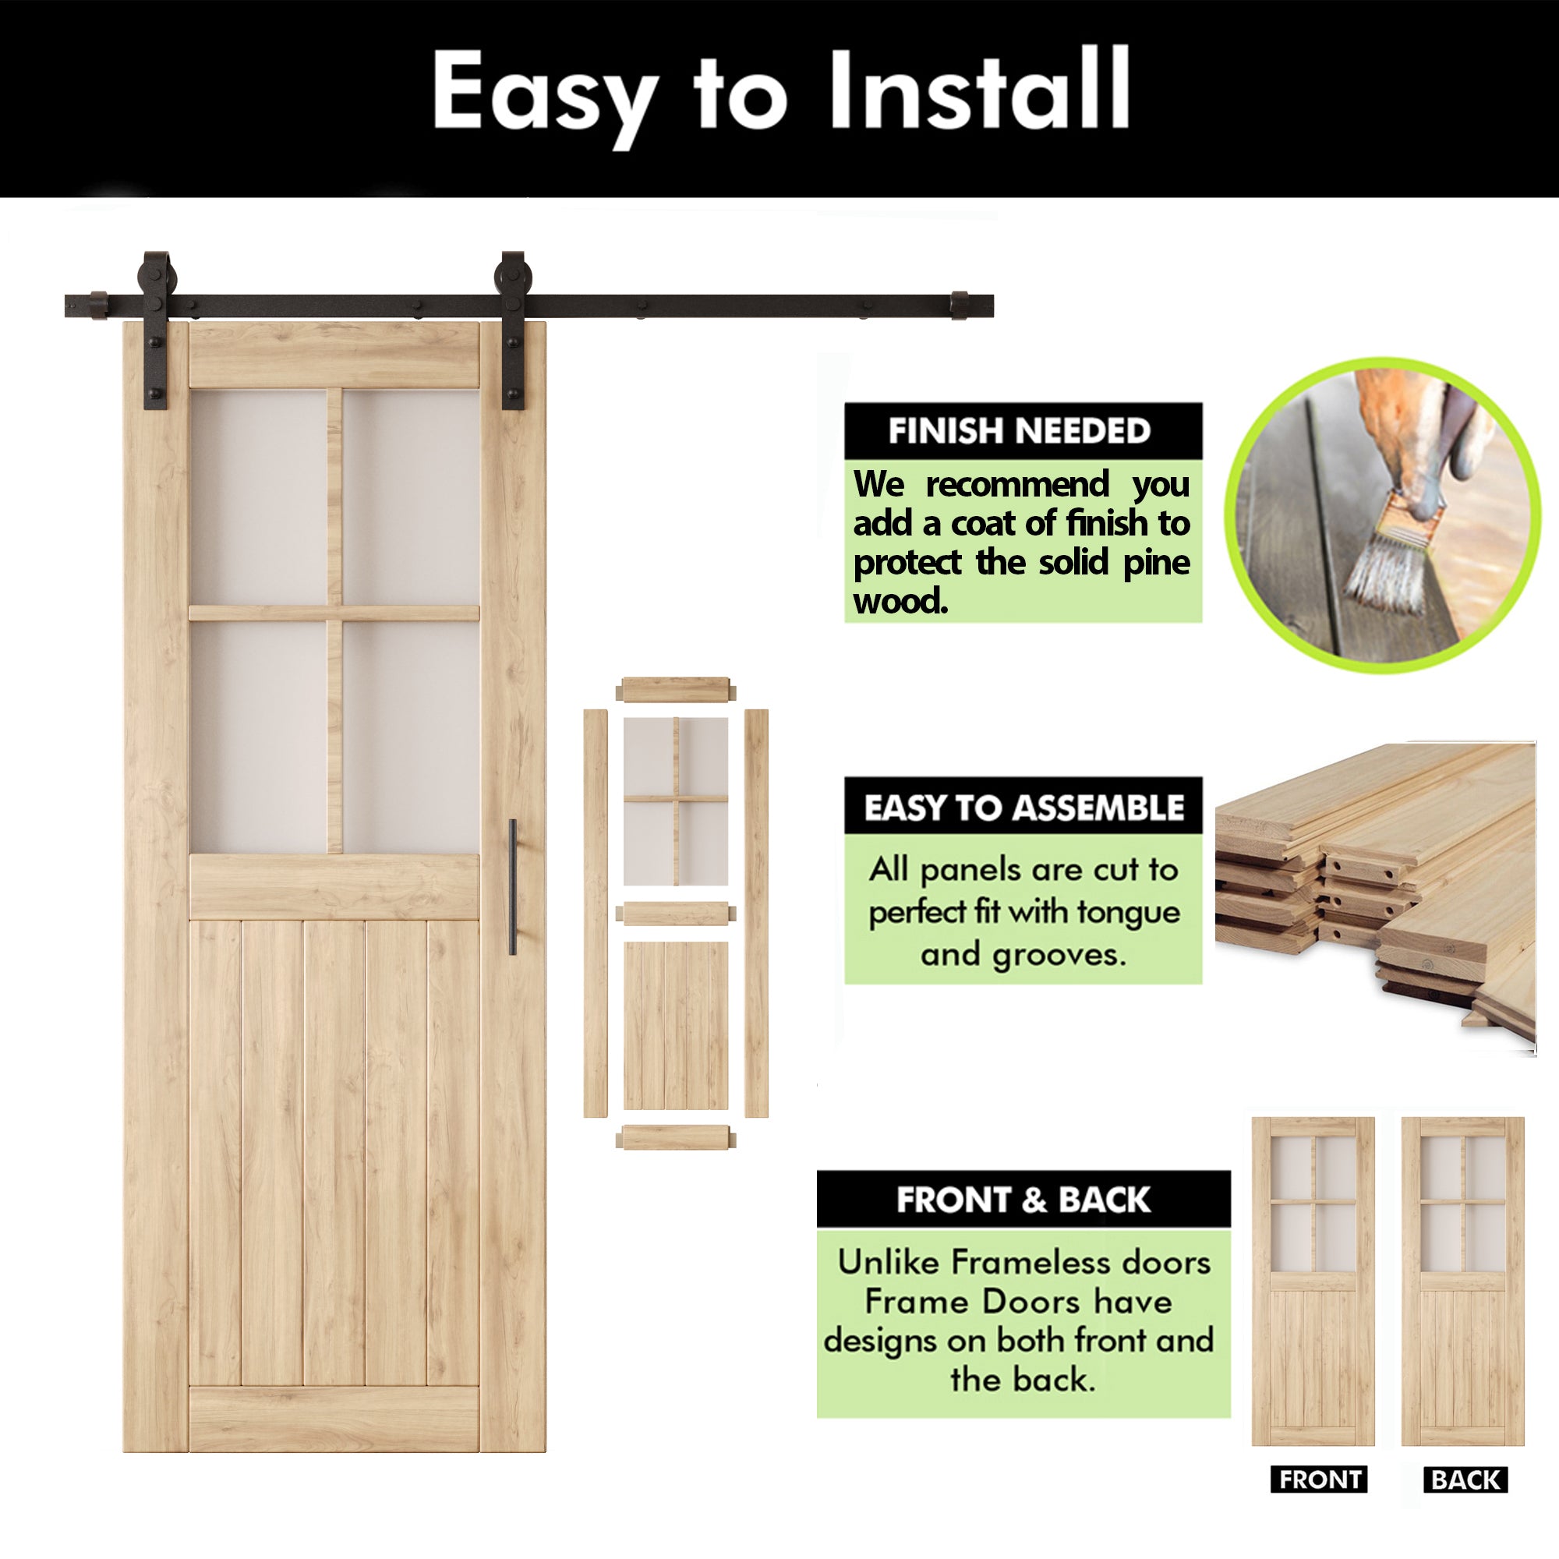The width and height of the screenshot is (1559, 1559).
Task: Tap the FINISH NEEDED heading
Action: (x=1019, y=431)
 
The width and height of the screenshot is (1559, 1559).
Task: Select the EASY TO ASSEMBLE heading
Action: (x=1023, y=807)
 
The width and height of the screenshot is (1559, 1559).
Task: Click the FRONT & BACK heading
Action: (x=1023, y=1200)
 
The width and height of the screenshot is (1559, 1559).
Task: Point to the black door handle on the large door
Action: (x=512, y=887)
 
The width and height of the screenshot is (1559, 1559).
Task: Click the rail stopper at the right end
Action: (x=959, y=305)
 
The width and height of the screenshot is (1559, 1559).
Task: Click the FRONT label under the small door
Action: (x=1319, y=1479)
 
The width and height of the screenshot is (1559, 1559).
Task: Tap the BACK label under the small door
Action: (x=1465, y=1479)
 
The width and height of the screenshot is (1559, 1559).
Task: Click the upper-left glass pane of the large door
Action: (x=258, y=497)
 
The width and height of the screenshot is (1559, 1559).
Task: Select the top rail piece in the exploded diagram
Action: (x=675, y=690)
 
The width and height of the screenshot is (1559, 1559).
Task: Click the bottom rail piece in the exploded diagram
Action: (x=675, y=1138)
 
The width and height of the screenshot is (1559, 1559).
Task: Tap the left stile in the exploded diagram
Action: (x=596, y=913)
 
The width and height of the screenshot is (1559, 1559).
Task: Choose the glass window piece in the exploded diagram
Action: (x=675, y=801)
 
